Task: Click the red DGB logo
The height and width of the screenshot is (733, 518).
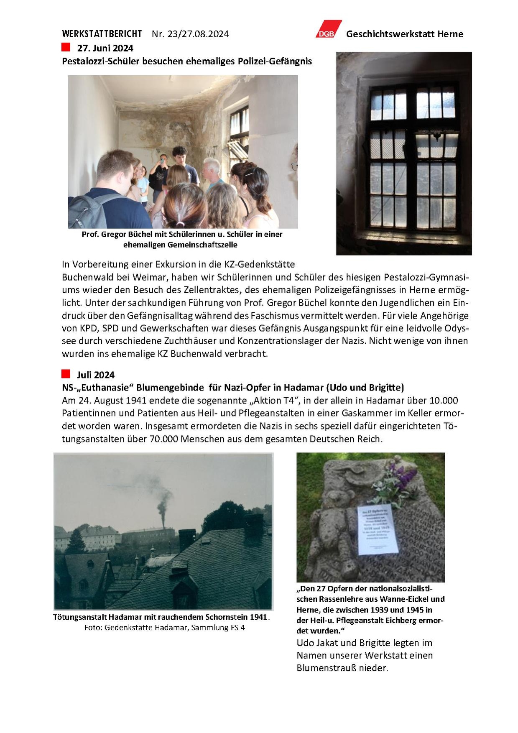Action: (328, 29)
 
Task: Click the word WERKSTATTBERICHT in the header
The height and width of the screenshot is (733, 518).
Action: (102, 34)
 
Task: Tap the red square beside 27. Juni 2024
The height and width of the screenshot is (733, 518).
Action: (66, 47)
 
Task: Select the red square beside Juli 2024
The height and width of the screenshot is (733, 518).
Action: (66, 374)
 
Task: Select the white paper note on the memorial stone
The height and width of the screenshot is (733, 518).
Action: (378, 529)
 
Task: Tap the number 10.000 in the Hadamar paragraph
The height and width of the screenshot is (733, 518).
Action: (444, 400)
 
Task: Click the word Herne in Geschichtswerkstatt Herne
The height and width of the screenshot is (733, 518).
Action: (450, 34)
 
